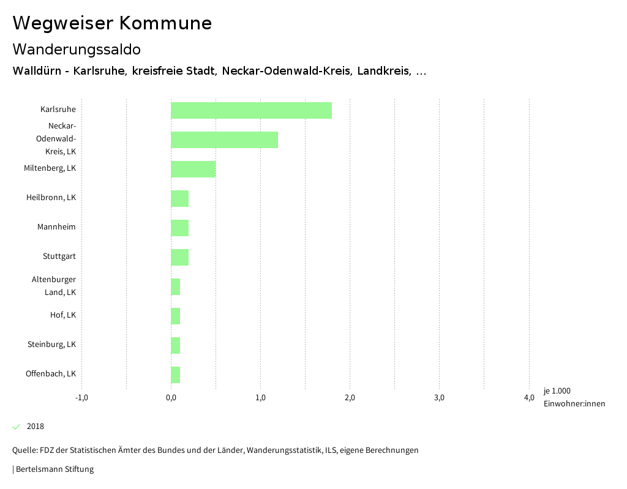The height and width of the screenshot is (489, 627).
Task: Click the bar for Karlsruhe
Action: click(x=251, y=110)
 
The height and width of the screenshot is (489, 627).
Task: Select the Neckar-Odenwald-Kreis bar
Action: click(x=224, y=140)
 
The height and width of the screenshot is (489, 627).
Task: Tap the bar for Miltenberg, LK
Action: click(x=193, y=169)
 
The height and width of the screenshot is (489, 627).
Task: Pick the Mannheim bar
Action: click(x=179, y=228)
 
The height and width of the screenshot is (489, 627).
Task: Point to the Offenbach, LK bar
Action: click(x=175, y=375)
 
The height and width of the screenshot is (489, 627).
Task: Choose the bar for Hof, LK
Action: click(x=175, y=316)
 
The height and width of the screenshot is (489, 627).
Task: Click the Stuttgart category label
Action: click(x=59, y=256)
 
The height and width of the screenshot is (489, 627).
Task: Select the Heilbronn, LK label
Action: click(x=51, y=198)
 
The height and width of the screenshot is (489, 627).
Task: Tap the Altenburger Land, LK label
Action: click(x=54, y=286)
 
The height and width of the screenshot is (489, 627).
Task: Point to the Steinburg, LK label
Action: click(x=51, y=345)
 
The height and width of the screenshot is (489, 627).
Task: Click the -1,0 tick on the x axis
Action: click(x=81, y=398)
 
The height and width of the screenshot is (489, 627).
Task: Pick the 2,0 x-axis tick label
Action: click(x=350, y=398)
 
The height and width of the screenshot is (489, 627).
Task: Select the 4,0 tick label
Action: click(x=528, y=398)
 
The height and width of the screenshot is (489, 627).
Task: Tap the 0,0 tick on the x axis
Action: click(x=171, y=398)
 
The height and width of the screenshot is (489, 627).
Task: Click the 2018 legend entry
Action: click(x=36, y=427)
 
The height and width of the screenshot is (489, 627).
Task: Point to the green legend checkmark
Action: click(x=17, y=427)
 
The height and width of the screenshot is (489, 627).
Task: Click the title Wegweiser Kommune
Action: click(x=112, y=23)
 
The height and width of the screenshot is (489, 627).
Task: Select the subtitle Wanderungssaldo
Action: click(x=77, y=49)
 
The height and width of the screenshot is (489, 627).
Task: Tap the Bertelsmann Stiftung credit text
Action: click(x=53, y=469)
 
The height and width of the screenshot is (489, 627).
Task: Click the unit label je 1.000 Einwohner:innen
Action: click(x=574, y=397)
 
